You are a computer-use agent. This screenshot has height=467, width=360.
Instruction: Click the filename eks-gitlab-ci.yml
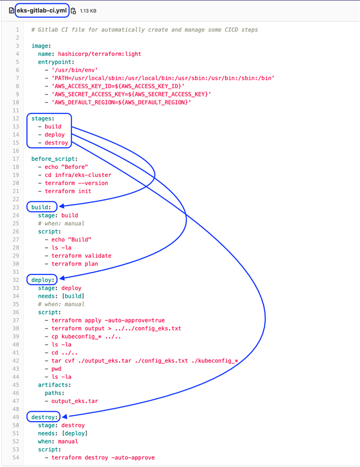tap(42, 11)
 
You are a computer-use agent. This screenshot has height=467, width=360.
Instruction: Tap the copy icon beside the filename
tap(74, 11)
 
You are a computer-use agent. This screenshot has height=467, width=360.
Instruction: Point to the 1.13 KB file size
tap(88, 11)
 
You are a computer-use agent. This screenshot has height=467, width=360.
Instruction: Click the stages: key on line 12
tap(43, 118)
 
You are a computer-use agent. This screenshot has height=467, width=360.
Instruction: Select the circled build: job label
tap(41, 207)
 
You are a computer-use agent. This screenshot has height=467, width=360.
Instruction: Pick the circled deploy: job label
tap(43, 280)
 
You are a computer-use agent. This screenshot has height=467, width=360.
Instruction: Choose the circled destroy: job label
tap(44, 417)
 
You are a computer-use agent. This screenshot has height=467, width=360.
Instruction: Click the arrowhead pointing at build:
tap(61, 206)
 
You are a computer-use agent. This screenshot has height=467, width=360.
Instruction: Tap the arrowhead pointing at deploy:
tap(62, 278)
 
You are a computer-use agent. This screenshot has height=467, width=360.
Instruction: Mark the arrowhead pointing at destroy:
tap(64, 416)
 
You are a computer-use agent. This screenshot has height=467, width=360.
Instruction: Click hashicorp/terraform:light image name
tap(100, 54)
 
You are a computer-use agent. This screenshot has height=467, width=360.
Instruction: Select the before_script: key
tap(54, 159)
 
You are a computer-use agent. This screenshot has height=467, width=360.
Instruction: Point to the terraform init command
tap(68, 191)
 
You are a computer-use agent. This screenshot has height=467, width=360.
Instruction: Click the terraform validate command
tap(81, 256)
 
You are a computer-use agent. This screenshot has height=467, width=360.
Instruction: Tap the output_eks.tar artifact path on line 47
tap(75, 401)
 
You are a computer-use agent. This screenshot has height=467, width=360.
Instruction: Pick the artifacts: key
tap(54, 385)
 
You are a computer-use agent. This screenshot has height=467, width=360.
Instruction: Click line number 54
tap(16, 458)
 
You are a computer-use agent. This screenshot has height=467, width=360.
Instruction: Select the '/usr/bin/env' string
tap(75, 70)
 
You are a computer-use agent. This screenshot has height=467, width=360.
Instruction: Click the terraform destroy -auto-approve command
tap(103, 458)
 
